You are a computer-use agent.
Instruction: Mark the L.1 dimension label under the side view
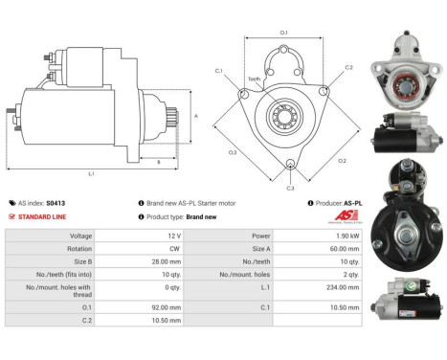pos(91,174)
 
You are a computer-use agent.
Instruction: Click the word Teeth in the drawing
pos(255,79)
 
